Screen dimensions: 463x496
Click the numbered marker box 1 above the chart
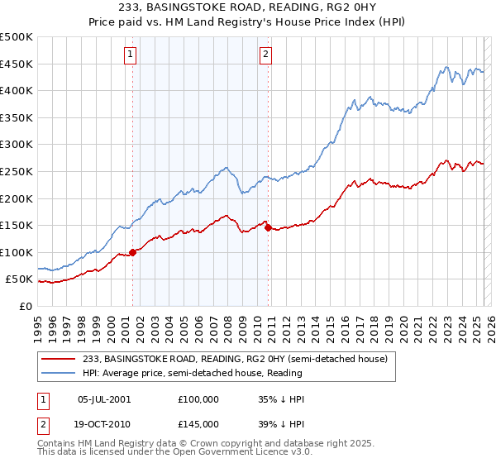click(131, 55)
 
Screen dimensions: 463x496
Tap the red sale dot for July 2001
click(132, 252)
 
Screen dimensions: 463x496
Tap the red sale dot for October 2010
click(269, 228)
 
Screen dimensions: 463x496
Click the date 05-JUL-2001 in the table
click(103, 399)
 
